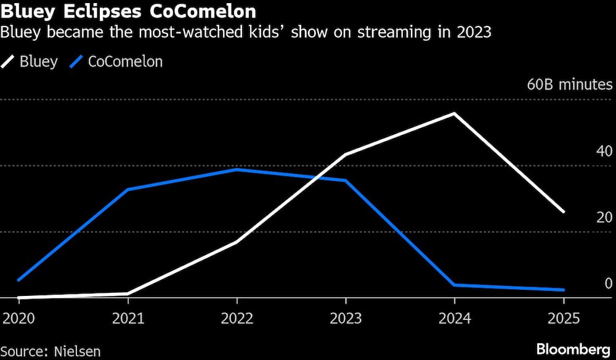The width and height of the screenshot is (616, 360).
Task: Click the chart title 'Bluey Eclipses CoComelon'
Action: [129, 11]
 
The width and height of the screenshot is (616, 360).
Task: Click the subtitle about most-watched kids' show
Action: [246, 33]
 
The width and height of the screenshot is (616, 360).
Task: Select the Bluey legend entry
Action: [31, 62]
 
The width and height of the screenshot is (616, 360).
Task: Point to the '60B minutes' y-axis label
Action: [570, 84]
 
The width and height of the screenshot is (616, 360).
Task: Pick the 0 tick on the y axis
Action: [608, 283]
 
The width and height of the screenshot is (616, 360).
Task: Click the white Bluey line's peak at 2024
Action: [455, 114]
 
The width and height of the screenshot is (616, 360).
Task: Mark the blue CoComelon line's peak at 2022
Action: [237, 170]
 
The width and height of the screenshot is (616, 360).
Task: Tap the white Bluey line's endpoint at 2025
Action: [563, 211]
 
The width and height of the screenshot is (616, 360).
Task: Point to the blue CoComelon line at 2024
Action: [455, 285]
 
